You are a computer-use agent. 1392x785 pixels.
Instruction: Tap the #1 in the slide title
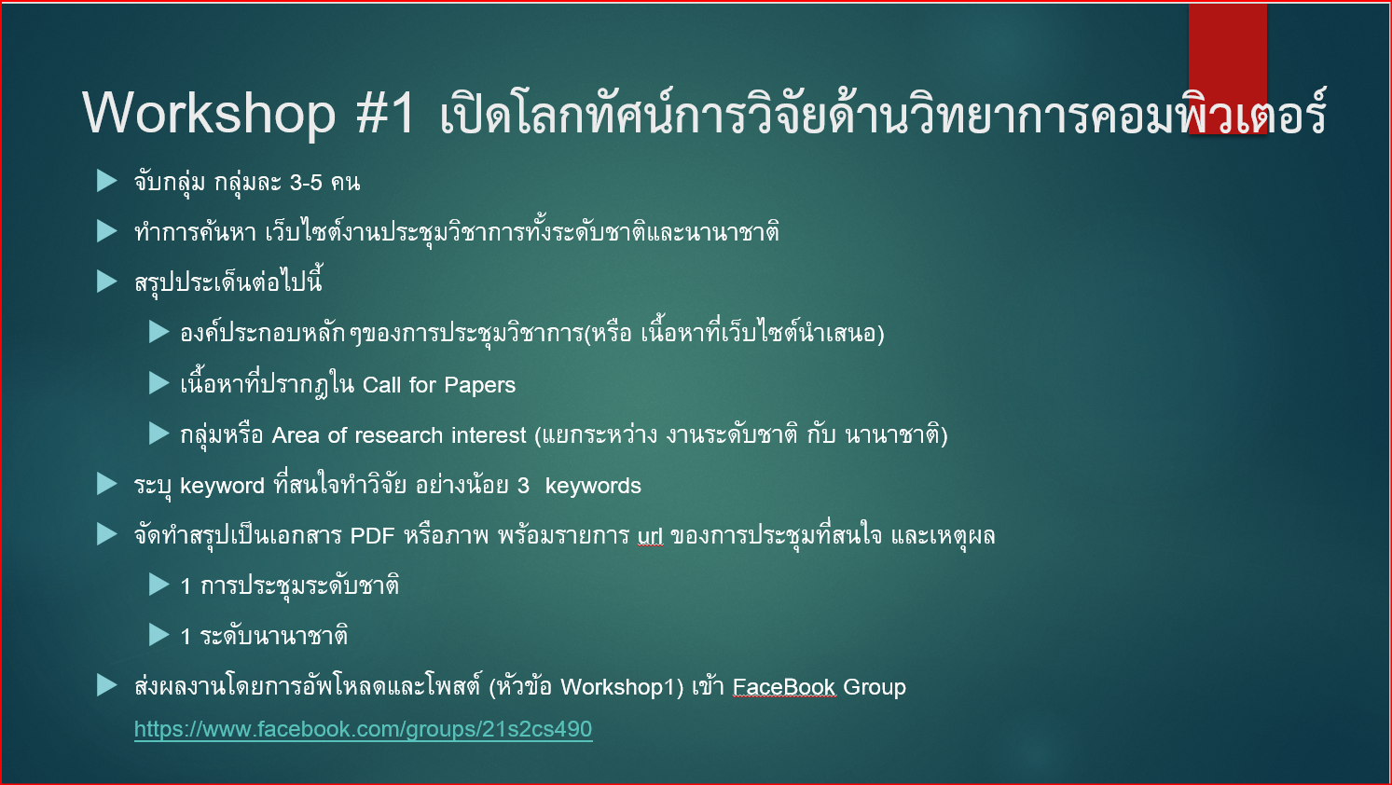click(386, 113)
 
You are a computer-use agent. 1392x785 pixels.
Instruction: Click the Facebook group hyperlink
click(363, 729)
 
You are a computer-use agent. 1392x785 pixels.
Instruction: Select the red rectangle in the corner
click(1227, 68)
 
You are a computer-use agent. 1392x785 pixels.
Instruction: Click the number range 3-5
click(307, 183)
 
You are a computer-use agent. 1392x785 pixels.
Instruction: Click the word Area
click(296, 435)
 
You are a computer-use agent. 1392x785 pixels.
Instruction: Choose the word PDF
click(372, 536)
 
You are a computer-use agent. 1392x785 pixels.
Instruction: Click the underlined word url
click(650, 536)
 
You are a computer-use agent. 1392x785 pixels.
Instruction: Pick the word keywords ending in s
click(593, 486)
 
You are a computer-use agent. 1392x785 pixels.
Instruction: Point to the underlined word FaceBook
click(784, 687)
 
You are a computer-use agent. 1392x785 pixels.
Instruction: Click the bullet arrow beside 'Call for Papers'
click(159, 383)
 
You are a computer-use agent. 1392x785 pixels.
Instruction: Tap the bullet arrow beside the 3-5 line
click(107, 181)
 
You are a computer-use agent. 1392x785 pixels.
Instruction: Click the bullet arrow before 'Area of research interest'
click(159, 434)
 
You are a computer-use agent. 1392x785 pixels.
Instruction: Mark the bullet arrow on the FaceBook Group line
click(107, 685)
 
